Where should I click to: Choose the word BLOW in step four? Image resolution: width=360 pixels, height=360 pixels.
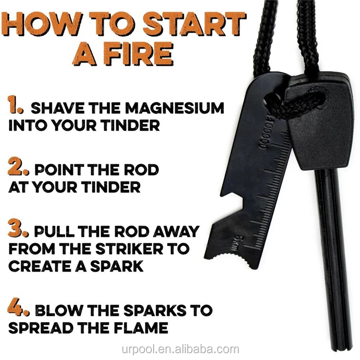click(62, 310)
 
